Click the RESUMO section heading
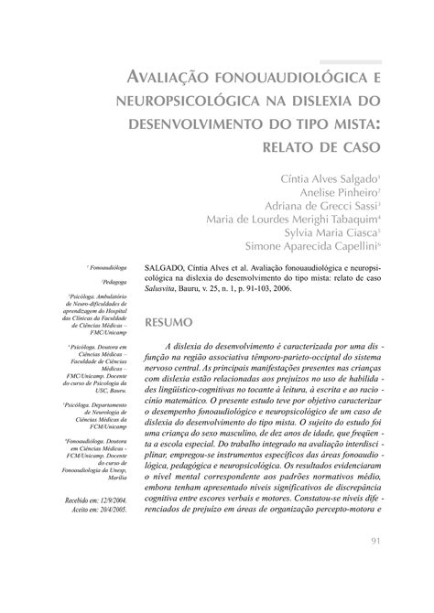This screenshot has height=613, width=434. tap(169, 323)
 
